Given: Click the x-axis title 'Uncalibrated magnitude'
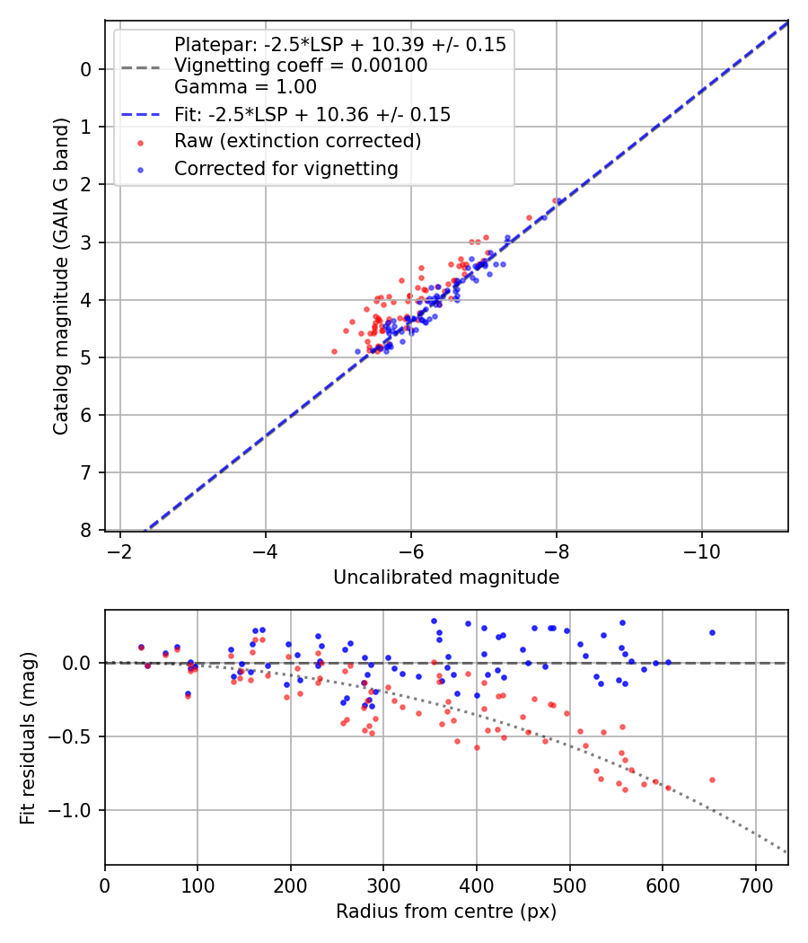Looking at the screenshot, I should tap(446, 577).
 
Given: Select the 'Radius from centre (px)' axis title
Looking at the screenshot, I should tap(446, 912).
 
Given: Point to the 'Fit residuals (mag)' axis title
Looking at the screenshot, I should tap(28, 737).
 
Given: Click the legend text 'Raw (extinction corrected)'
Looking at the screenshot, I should tap(297, 141).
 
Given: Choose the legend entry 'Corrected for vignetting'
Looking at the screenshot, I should tap(286, 168).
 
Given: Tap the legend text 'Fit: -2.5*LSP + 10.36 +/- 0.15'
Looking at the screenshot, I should tap(312, 115).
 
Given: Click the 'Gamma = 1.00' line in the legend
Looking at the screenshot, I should tap(245, 88).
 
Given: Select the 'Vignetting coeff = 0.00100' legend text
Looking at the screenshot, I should tap(301, 66).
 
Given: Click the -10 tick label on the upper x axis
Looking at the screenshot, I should tap(702, 551).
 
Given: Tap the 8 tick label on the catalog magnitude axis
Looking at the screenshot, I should tap(87, 531).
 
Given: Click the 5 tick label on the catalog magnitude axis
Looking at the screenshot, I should tap(87, 357).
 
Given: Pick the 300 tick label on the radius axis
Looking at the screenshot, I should tap(383, 886).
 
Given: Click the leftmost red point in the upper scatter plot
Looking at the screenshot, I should tap(335, 351).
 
